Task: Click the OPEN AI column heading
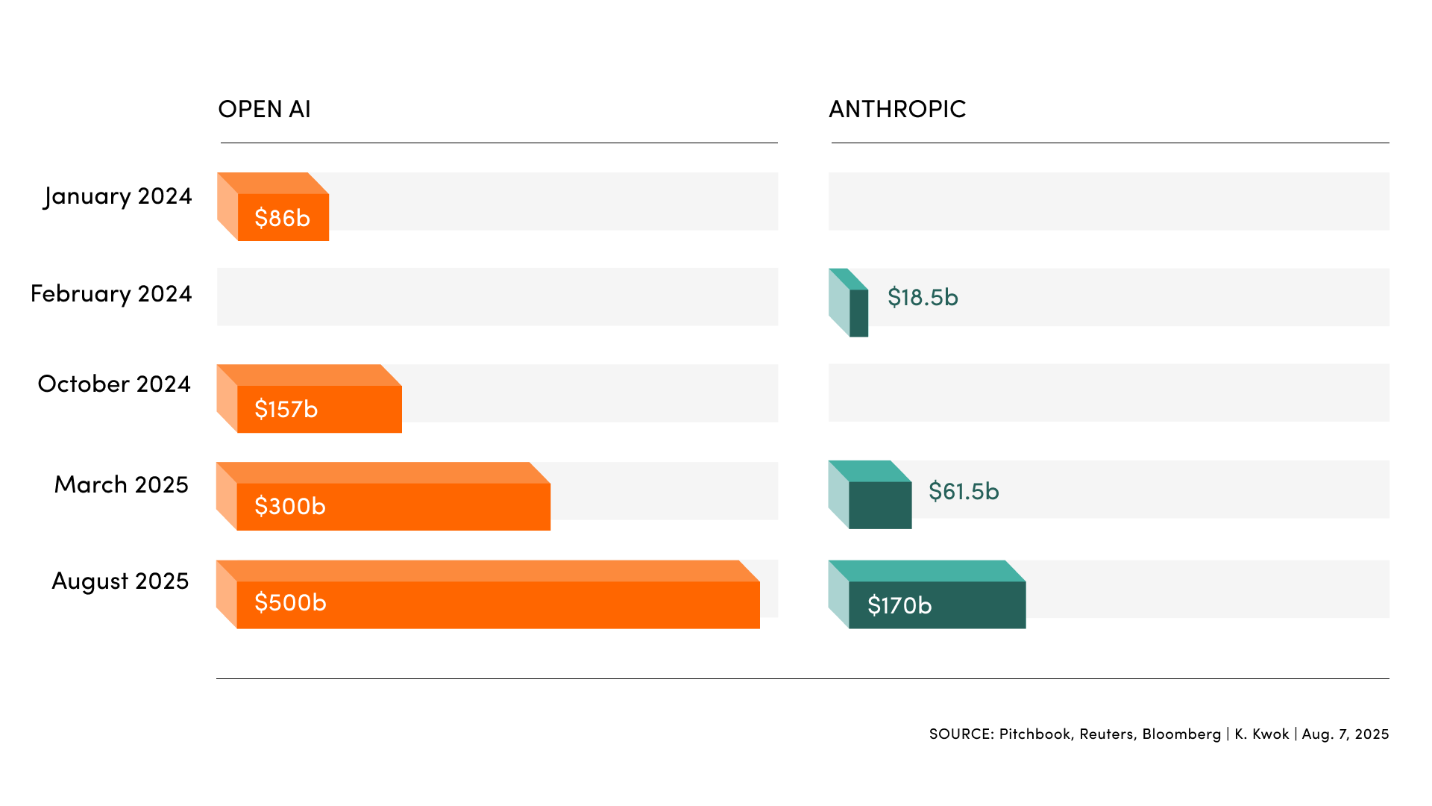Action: pyautogui.click(x=264, y=109)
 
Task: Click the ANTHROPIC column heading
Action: pyautogui.click(x=897, y=109)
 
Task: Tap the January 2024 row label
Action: pyautogui.click(x=118, y=196)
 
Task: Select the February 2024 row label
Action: pyautogui.click(x=111, y=294)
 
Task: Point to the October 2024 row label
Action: pyautogui.click(x=114, y=384)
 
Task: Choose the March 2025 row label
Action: pyautogui.click(x=122, y=485)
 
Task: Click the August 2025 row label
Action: pyautogui.click(x=120, y=581)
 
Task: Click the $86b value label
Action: pyautogui.click(x=282, y=218)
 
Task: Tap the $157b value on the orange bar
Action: pyautogui.click(x=286, y=409)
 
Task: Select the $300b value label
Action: pyautogui.click(x=289, y=506)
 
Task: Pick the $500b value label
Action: pyautogui.click(x=290, y=602)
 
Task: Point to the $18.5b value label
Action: pyautogui.click(x=923, y=297)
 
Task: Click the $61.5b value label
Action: pyautogui.click(x=964, y=491)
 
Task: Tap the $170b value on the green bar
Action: pyautogui.click(x=899, y=605)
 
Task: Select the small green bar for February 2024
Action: pyautogui.click(x=858, y=313)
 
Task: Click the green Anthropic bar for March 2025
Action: pyautogui.click(x=879, y=504)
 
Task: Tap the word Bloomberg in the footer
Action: pyautogui.click(x=1181, y=734)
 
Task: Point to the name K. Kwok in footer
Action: pyautogui.click(x=1261, y=734)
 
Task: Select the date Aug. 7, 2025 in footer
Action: pyautogui.click(x=1345, y=734)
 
